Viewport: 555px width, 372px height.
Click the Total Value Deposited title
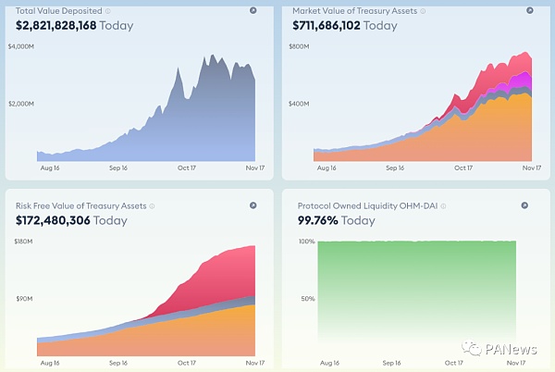click(x=58, y=11)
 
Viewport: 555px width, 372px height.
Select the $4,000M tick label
click(x=22, y=45)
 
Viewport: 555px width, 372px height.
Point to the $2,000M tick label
click(x=22, y=103)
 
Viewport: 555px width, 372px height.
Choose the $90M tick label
click(x=24, y=298)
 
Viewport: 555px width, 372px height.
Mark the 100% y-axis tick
click(x=306, y=242)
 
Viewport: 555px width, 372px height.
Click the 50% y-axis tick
click(x=308, y=298)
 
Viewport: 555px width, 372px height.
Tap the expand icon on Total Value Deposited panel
click(x=253, y=11)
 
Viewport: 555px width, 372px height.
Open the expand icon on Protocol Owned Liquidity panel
click(x=524, y=205)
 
